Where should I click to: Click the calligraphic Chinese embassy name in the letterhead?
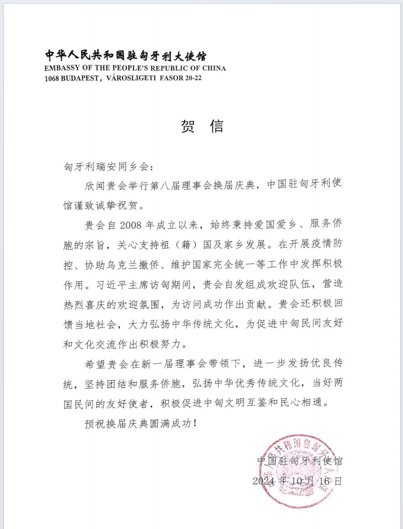tap(126, 57)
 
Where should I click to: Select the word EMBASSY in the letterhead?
tap(60, 68)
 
